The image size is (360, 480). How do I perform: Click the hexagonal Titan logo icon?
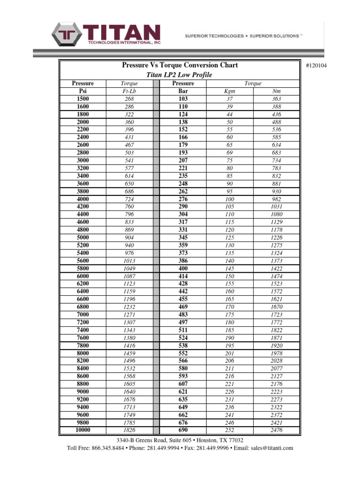pos(67,35)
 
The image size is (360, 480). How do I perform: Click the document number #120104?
pos(316,65)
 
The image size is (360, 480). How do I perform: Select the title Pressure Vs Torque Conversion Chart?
pos(180,66)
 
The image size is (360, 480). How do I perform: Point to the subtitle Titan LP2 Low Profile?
pos(180,75)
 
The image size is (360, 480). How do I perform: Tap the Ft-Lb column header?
pos(129,91)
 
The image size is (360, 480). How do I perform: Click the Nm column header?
pos(277,91)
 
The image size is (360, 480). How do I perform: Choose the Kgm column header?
pos(230,91)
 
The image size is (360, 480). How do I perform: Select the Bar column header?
pos(183,91)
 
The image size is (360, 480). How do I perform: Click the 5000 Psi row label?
pos(82,238)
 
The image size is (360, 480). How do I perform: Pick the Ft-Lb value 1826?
pos(129,430)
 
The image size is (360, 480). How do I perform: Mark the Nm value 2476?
pos(277,430)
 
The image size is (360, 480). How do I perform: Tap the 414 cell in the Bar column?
pos(183,276)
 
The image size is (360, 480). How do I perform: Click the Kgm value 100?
pos(230,199)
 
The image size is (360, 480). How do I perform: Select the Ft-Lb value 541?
pos(129,161)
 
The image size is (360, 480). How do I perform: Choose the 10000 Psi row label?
pos(82,430)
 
